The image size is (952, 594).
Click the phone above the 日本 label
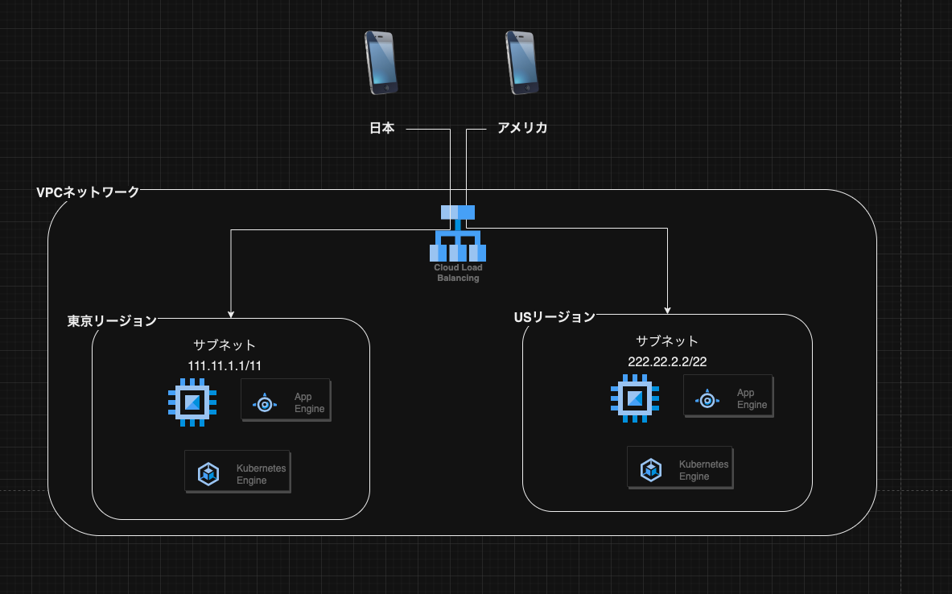381,63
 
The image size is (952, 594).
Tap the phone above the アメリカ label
522,63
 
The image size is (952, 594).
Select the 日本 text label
382,128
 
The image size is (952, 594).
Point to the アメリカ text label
522,128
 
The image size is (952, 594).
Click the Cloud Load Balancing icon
458,233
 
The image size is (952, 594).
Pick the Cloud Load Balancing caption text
458,273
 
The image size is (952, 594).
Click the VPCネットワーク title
88,192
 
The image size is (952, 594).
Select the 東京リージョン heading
112,321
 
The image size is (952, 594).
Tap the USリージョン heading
554,318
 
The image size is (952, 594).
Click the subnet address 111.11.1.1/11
225,365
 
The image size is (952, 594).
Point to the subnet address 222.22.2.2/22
667,362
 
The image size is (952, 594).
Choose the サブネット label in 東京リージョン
225,345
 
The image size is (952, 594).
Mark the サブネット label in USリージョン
667,341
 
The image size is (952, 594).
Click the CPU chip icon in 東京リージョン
192,402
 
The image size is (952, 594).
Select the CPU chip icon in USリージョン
635,398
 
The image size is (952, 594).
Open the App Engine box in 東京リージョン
286,400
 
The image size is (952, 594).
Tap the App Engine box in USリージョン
728,396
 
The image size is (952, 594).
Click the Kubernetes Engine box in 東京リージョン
237,472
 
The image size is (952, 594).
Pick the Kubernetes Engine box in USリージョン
680,468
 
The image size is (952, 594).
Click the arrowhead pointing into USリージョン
667,311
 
